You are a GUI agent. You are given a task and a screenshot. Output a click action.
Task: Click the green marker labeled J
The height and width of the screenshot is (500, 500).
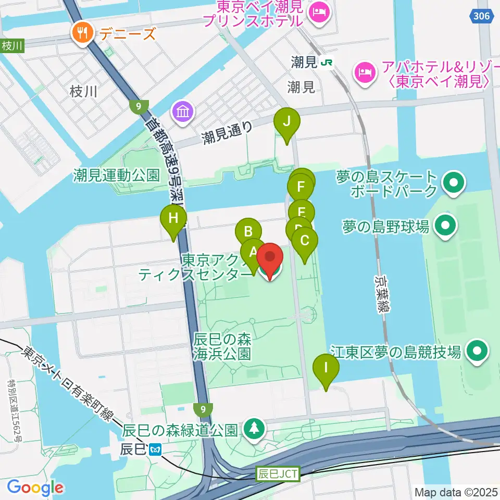(x=286, y=122)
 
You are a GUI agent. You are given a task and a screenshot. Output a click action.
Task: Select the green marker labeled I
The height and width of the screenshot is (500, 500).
(x=326, y=368)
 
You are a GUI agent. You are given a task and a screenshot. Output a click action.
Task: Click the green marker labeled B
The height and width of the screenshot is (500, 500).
(x=248, y=232)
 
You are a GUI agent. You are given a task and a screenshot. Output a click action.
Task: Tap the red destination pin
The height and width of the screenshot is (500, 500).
(x=270, y=258)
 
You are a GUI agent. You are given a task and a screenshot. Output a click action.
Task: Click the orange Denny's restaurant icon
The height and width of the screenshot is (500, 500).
(x=82, y=34)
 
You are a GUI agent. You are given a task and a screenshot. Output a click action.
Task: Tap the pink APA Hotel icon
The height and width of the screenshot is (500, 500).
(x=365, y=71)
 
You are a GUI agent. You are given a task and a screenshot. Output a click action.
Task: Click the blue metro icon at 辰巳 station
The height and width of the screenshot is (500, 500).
(x=154, y=448)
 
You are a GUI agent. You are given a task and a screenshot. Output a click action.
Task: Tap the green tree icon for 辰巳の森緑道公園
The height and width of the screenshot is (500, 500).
(x=254, y=429)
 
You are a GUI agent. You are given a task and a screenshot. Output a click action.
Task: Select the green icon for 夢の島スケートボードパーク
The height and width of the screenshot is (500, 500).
(x=453, y=183)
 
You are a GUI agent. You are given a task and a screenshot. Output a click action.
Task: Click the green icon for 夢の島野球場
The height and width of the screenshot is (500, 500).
(x=445, y=226)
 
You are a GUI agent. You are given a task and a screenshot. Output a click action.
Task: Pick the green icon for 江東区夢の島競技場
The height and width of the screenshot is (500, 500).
(x=477, y=352)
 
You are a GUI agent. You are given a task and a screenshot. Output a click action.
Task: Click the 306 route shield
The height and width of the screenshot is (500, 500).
(x=482, y=17)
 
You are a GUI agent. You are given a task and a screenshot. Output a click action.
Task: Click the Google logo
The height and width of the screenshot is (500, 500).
(x=35, y=488)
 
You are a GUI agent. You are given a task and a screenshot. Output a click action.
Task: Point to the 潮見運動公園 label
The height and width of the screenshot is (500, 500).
(x=116, y=175)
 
